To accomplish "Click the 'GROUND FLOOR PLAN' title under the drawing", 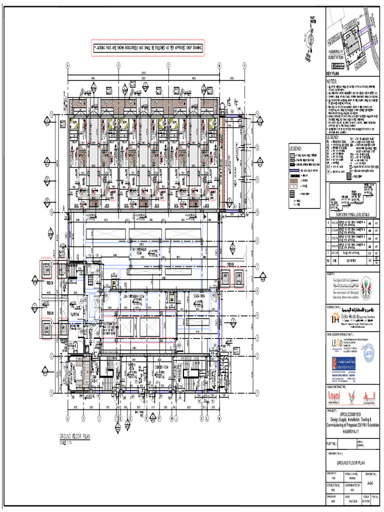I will (74, 436).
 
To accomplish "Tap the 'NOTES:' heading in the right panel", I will (332, 81).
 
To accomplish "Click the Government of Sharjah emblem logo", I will (366, 285).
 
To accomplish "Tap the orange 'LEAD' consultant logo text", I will (337, 343).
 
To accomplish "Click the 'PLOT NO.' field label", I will (332, 443).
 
